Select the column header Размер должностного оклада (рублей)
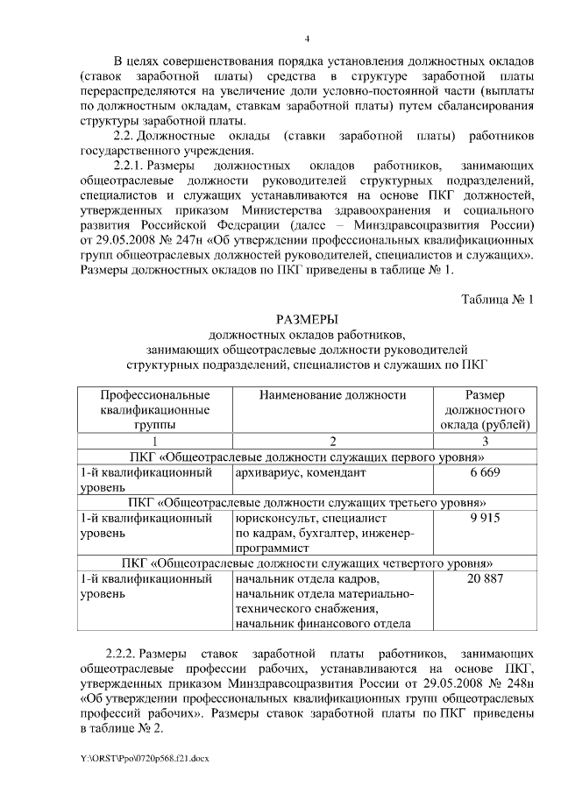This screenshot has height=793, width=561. (485, 410)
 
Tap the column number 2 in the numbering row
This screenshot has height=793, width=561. (332, 441)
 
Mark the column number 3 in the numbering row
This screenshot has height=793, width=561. (485, 441)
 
